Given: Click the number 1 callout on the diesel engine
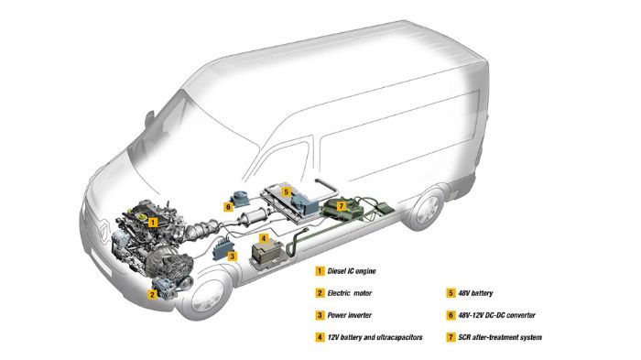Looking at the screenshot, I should tap(154, 222).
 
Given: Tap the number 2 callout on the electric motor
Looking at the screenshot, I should tap(154, 294).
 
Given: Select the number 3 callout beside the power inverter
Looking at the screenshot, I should tap(233, 257).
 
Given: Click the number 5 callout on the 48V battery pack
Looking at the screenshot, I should tap(286, 192).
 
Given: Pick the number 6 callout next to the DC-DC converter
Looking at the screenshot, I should tap(228, 207).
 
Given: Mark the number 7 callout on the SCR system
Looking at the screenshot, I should tap(342, 206).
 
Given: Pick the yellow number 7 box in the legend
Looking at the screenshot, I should tap(451, 338).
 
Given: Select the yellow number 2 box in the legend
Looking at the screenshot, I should tap(320, 292).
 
